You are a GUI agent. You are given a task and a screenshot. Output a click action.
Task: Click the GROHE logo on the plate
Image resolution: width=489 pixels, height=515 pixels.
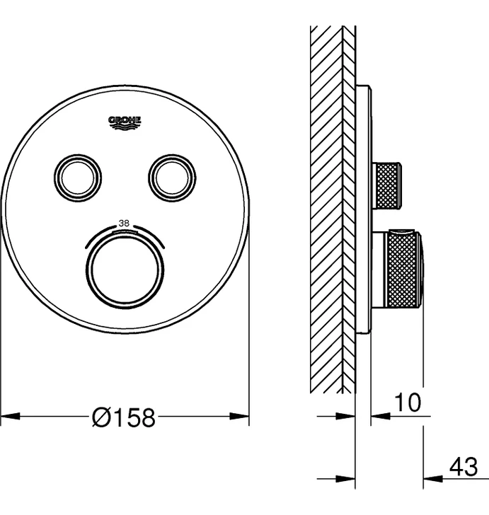[x=125, y=123]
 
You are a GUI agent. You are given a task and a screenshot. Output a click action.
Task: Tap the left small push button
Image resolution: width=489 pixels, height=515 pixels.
[x=78, y=178]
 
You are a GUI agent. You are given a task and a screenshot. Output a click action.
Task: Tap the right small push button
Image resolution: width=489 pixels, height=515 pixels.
[x=172, y=178]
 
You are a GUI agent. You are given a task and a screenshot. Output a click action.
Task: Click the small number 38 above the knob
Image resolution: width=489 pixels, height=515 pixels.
[x=124, y=224]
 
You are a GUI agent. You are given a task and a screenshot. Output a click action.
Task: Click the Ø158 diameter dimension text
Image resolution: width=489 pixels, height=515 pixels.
[x=123, y=417]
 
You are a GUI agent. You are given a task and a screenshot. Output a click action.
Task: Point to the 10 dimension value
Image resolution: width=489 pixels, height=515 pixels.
[x=408, y=403]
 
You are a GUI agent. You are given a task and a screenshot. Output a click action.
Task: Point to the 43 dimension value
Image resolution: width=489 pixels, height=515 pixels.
[x=464, y=467]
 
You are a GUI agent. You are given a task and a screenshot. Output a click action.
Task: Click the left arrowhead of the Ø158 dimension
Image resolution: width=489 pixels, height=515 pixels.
[x=11, y=416]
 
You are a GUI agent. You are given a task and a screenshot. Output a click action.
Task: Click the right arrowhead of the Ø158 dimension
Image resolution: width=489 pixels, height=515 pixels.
[x=239, y=416]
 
